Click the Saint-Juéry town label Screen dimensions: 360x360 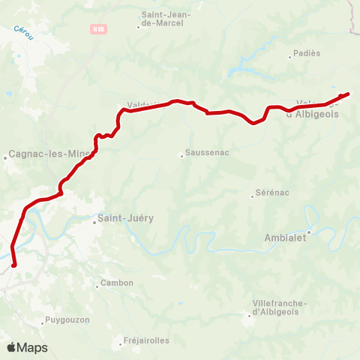click(125, 218)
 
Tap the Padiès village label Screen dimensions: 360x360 click(305, 53)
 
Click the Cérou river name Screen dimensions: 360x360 click(22, 34)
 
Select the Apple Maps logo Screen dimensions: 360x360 click(27, 347)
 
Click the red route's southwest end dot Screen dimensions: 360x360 click(14, 264)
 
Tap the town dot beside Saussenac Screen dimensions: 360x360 click(181, 156)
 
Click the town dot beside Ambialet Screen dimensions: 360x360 click(308, 232)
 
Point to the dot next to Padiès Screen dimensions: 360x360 click(290, 55)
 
